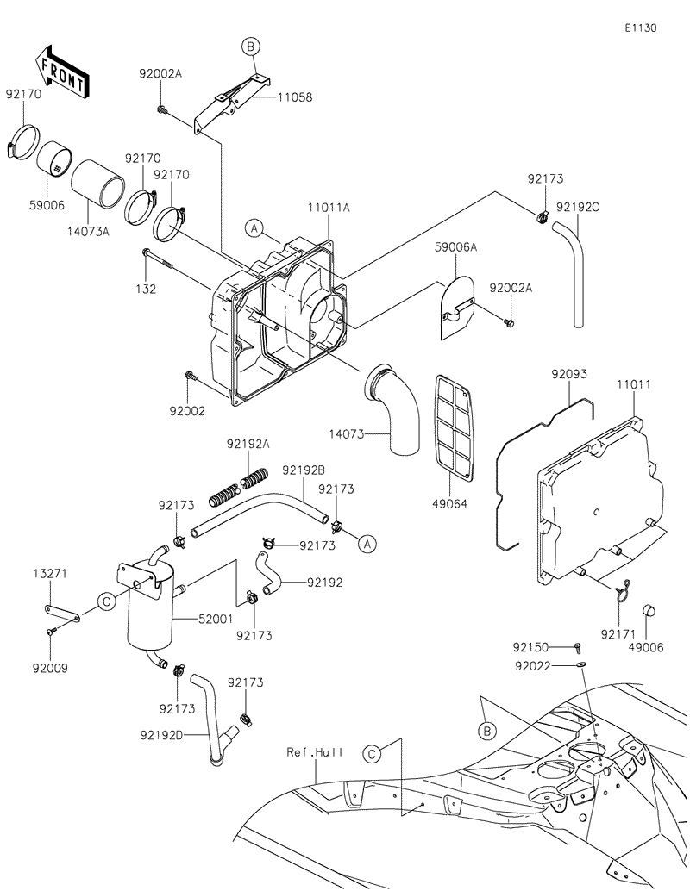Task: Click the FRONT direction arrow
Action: (x=60, y=72)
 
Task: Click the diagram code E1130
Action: (x=641, y=28)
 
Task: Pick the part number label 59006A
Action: (x=457, y=247)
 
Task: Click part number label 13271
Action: (x=50, y=573)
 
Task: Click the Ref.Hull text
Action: (x=316, y=751)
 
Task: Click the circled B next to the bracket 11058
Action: (x=250, y=47)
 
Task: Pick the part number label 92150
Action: (x=533, y=646)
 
